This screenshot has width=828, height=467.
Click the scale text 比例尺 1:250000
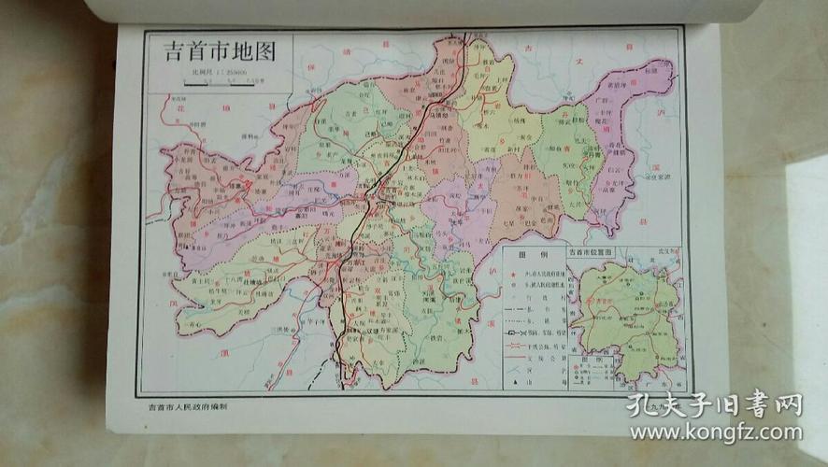tap(215, 71)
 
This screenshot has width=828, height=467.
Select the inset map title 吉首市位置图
tap(597, 253)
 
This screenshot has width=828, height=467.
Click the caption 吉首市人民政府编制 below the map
tap(188, 406)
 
